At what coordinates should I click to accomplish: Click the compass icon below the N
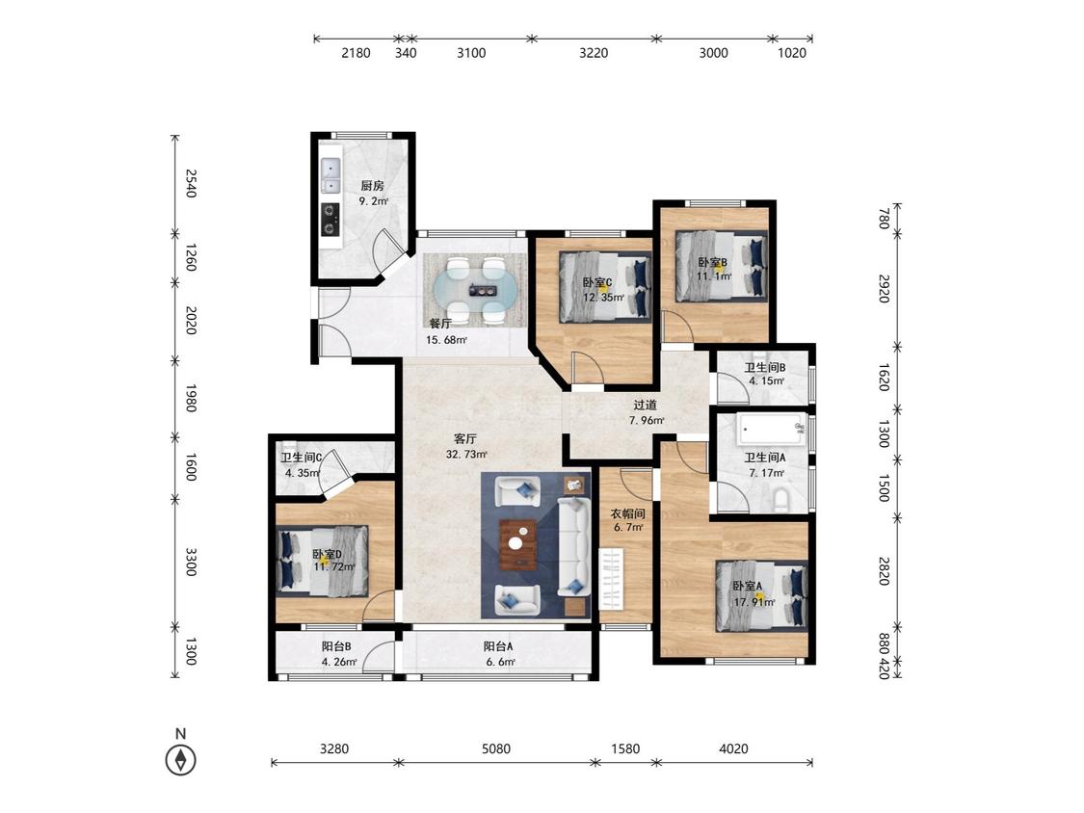point(180,760)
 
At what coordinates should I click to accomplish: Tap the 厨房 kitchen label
point(372,186)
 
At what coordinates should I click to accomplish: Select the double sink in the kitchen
point(331,176)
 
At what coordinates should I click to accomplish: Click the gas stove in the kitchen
point(331,220)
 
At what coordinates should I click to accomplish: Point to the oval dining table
point(474,290)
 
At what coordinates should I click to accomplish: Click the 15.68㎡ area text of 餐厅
point(446,339)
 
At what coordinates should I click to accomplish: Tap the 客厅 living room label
point(465,439)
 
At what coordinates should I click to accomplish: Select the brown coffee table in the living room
point(518,543)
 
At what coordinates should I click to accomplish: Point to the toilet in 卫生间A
point(781,499)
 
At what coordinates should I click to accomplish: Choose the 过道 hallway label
point(645,406)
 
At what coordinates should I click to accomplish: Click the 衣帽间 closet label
point(627,513)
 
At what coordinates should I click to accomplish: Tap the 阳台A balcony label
point(498,647)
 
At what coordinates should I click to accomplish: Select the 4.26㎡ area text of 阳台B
point(339,662)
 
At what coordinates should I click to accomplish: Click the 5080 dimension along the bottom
point(496,748)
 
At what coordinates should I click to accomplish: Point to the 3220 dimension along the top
point(594,53)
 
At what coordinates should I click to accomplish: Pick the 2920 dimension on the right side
point(884,288)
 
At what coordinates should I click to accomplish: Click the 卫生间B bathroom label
point(765,368)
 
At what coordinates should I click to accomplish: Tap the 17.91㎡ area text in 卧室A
point(754,601)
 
